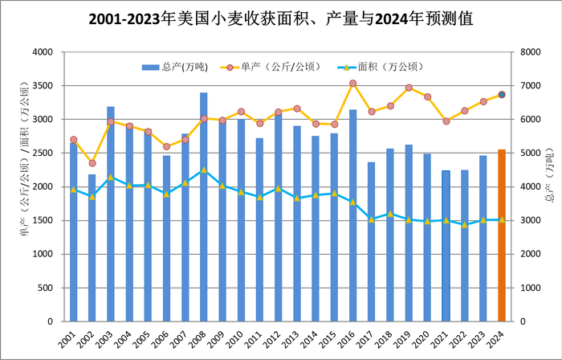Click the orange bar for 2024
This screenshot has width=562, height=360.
tap(502, 235)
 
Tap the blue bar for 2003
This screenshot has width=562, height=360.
tap(111, 214)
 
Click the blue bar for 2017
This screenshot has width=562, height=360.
tap(371, 242)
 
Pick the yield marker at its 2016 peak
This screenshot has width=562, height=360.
tap(352, 84)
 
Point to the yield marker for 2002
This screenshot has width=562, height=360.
tap(92, 163)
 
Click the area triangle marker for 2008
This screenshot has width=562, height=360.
tap(204, 170)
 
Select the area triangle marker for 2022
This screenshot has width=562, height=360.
tap(464, 224)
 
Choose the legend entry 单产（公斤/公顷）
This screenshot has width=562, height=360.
tap(278, 66)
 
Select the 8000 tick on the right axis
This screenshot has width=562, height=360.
tap(528, 52)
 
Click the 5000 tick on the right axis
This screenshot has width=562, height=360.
tap(528, 153)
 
